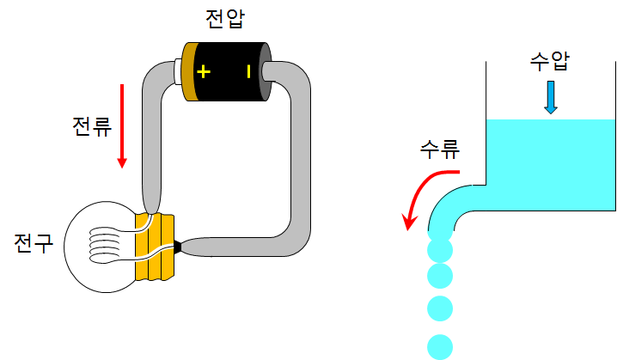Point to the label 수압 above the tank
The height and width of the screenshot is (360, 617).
[x=550, y=63]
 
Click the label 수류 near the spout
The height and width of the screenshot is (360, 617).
[x=439, y=149]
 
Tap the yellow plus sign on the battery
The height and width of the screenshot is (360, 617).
[x=203, y=71]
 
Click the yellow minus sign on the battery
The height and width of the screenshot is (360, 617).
[x=248, y=71]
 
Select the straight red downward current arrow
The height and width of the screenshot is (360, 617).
[x=122, y=125]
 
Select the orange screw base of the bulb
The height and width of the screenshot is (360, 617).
[x=155, y=247]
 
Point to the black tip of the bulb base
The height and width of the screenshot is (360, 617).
[x=178, y=247]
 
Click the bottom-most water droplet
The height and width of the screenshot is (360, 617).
[x=440, y=345]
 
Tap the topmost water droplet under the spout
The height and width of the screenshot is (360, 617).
[x=440, y=250]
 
